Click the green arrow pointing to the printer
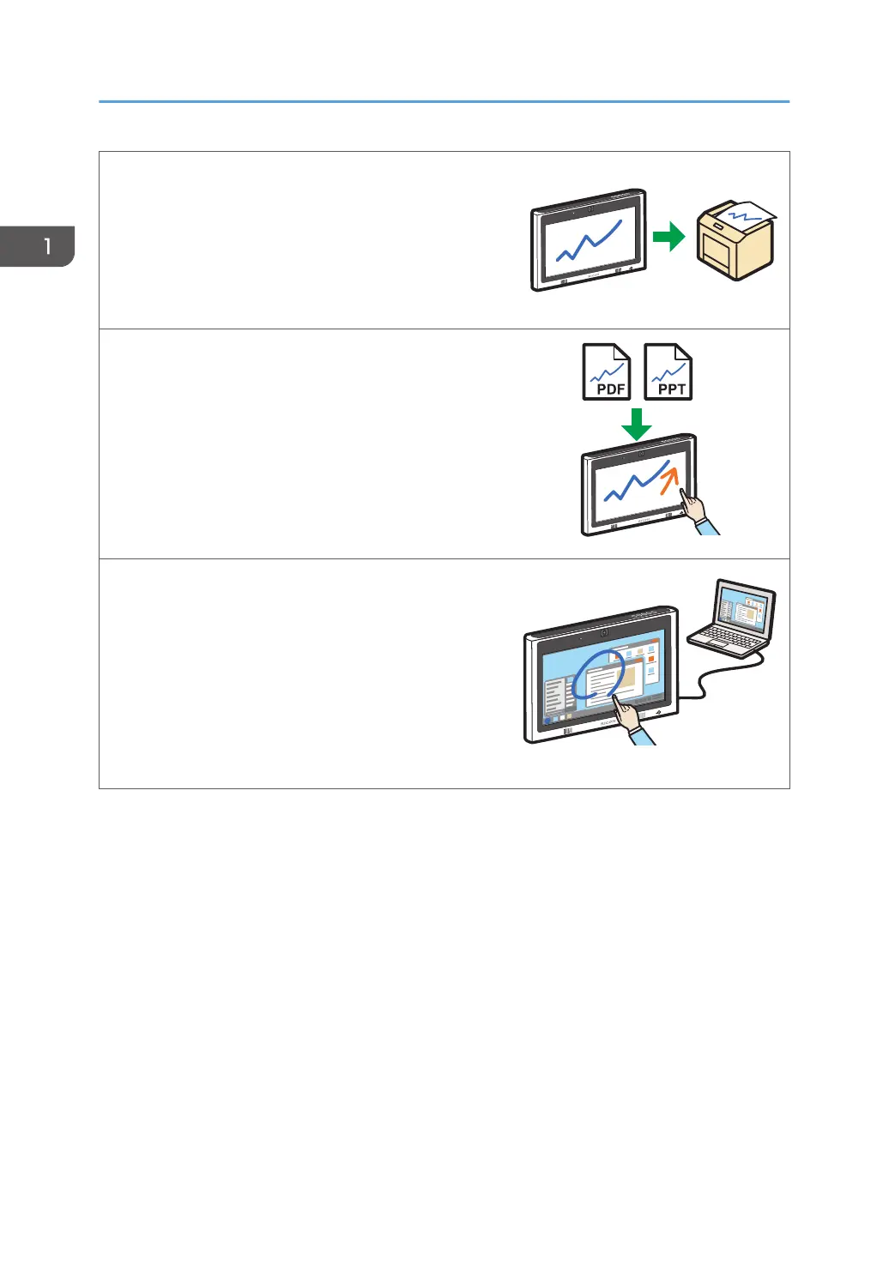click(x=668, y=237)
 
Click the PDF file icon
click(x=607, y=371)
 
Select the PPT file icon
click(x=668, y=371)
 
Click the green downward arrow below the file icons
click(x=636, y=424)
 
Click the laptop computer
click(x=735, y=619)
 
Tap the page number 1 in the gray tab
click(x=47, y=247)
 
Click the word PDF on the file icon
click(x=610, y=389)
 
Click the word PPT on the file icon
click(x=671, y=389)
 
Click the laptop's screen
click(x=745, y=611)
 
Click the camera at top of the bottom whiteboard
click(x=604, y=634)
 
